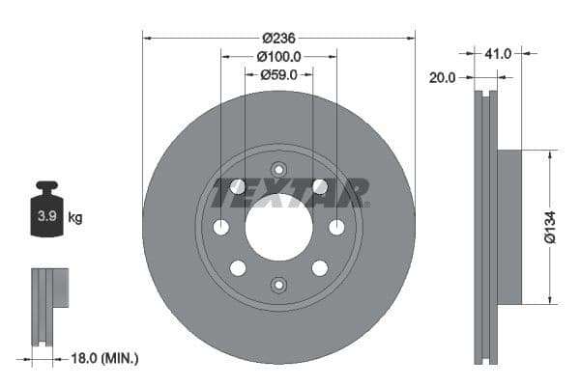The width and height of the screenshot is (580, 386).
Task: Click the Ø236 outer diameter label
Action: pos(278,38)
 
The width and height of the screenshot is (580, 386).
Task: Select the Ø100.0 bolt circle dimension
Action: pos(278,57)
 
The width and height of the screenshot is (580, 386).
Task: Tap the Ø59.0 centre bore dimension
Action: pos(278,75)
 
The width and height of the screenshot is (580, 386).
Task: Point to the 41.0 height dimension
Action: pos(499,54)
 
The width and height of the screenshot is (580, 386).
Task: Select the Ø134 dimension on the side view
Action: pos(550,227)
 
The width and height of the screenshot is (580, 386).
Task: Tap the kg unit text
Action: pos(75,217)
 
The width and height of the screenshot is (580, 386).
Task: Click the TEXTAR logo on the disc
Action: pos(290,193)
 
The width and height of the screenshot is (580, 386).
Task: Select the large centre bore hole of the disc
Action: pos(278,227)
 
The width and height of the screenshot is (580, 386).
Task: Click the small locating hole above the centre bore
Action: pos(278,170)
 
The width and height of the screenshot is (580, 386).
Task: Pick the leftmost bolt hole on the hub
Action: pos(220,227)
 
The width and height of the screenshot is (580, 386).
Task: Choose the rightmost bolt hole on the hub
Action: pos(336,227)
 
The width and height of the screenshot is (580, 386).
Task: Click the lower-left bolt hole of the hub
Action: pos(238,267)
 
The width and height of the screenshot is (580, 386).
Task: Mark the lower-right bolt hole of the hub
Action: pos(319,267)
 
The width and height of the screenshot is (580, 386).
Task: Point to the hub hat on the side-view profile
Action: pos(509,227)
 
